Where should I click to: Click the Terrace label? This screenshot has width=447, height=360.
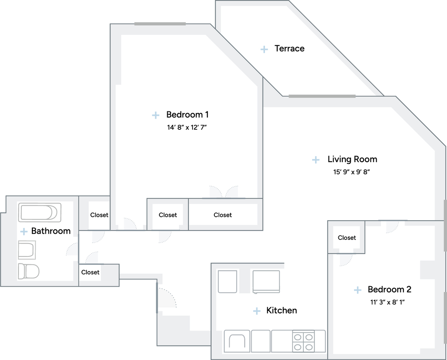[x=289, y=48]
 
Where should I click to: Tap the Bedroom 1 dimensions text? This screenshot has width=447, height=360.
[x=187, y=127]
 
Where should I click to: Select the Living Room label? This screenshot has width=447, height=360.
[x=352, y=159]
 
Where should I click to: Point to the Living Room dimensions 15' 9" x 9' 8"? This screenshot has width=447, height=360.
[x=351, y=172]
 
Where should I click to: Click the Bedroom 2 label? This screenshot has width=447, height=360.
[x=389, y=289]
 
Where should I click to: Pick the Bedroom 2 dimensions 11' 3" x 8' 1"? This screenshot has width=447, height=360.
[x=388, y=302]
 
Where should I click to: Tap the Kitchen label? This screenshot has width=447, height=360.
[x=282, y=310]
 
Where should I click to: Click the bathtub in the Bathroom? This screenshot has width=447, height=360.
[x=40, y=212]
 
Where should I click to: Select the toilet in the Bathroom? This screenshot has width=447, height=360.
[x=28, y=271]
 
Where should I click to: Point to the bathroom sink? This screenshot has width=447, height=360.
[x=27, y=250]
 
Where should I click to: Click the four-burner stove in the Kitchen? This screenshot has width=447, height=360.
[x=303, y=342]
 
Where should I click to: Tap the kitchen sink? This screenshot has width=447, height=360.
[x=237, y=341]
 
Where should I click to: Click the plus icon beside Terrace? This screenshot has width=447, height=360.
[x=264, y=49]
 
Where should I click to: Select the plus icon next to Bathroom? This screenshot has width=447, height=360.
[x=24, y=232]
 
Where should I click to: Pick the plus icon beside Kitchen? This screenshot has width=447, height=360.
[x=257, y=311]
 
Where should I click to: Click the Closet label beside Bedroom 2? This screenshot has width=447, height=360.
[x=347, y=238]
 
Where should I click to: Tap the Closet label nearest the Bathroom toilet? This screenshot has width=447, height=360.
[x=90, y=272]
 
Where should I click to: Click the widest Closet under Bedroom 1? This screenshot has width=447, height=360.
[x=223, y=215]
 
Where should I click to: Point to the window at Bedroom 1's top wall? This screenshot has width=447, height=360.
[x=160, y=24]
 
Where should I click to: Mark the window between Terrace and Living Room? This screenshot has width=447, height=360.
[x=322, y=96]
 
